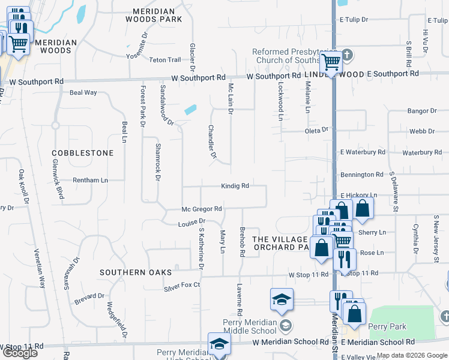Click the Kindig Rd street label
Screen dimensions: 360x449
pyautogui.click(x=235, y=186)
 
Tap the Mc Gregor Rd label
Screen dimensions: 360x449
pyautogui.click(x=202, y=209)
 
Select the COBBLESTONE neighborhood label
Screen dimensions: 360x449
pyautogui.click(x=83, y=153)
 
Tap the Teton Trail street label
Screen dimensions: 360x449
pyautogui.click(x=165, y=60)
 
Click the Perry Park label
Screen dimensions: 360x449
pyautogui.click(x=388, y=327)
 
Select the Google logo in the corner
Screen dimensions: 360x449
pyautogui.click(x=20, y=353)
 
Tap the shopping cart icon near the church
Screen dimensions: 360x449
pyautogui.click(x=331, y=61)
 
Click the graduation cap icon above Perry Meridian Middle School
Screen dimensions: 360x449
pyautogui.click(x=280, y=300)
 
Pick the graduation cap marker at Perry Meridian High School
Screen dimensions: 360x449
pyautogui.click(x=219, y=344)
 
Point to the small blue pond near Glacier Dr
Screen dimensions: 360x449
pyautogui.click(x=191, y=110)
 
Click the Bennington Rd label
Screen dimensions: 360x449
pyautogui.click(x=362, y=175)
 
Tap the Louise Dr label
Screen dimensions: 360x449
pyautogui.click(x=191, y=223)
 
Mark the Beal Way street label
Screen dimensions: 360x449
pyautogui.click(x=83, y=92)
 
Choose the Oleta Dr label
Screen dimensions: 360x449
pyautogui.click(x=317, y=130)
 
